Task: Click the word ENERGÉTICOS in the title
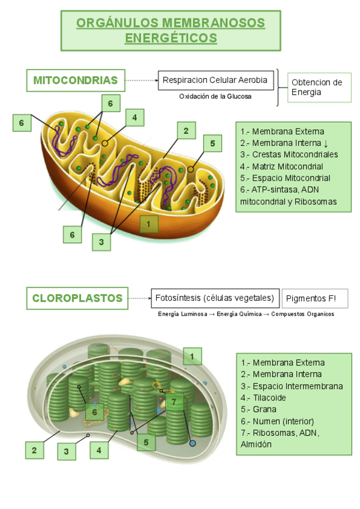click(x=170, y=38)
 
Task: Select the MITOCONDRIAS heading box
click(x=76, y=80)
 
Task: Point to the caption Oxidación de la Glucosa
click(x=215, y=96)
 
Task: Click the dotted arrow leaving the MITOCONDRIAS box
click(x=142, y=80)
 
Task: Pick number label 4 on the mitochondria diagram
click(x=135, y=118)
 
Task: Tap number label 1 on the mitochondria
click(x=149, y=224)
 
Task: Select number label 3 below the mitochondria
click(x=101, y=242)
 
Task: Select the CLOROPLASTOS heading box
click(x=77, y=298)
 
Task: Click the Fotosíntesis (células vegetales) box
click(x=215, y=298)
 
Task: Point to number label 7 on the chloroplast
click(x=174, y=402)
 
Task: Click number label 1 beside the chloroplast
click(x=192, y=356)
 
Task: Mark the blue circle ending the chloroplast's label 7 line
click(x=193, y=443)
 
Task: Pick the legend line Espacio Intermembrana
click(x=292, y=386)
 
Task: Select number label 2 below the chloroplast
click(x=34, y=450)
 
